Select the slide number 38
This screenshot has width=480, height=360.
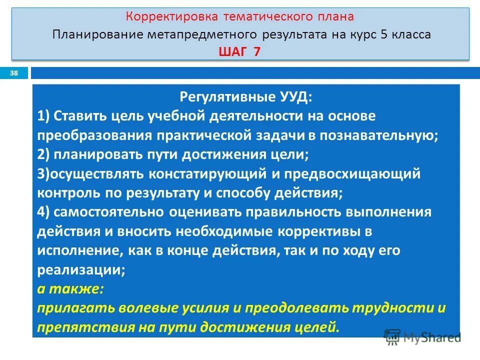tap(14, 73)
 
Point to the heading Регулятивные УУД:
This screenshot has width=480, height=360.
tap(240, 96)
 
